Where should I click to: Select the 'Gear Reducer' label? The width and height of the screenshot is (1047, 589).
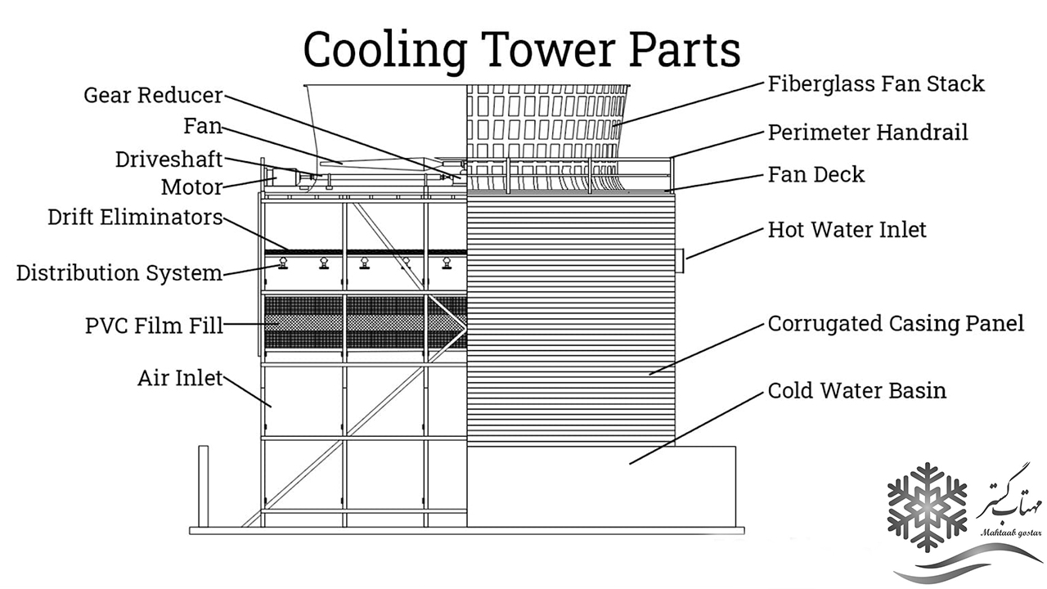[153, 95]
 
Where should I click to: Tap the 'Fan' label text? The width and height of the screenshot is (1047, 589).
[202, 127]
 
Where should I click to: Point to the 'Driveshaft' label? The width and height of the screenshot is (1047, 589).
[169, 158]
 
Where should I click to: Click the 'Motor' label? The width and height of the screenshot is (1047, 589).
[191, 187]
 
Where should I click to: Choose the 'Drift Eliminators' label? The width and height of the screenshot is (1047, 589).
[135, 218]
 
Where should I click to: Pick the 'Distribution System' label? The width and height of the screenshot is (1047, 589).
[119, 272]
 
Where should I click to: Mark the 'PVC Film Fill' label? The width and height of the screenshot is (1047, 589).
[154, 326]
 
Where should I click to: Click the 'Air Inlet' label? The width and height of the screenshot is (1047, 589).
[180, 379]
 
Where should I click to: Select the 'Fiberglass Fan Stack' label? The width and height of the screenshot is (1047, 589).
[876, 83]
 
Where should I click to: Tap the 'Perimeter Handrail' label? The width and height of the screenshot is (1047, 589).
[868, 132]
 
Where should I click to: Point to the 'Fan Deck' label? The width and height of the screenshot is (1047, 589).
[816, 174]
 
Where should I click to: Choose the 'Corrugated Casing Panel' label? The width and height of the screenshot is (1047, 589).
[896, 324]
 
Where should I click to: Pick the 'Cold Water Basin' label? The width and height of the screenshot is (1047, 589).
[857, 390]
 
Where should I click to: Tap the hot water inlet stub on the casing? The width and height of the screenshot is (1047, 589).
[679, 259]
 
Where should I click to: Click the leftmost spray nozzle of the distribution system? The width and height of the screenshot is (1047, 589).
[282, 263]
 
